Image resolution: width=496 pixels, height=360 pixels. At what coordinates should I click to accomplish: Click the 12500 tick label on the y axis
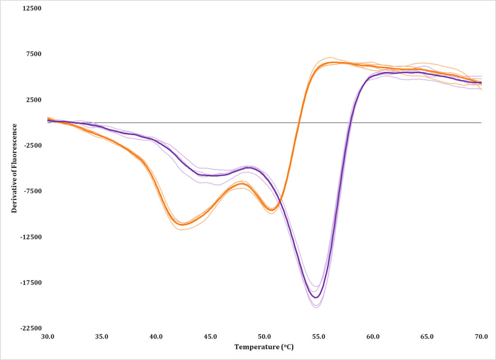click(32, 9)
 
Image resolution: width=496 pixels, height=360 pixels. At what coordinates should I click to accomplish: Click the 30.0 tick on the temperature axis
click(48, 336)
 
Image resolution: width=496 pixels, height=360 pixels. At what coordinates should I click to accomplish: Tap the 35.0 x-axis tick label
click(102, 336)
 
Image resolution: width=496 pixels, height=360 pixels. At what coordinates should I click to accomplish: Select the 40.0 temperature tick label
click(156, 336)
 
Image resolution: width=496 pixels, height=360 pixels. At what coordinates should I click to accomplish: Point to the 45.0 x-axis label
click(210, 336)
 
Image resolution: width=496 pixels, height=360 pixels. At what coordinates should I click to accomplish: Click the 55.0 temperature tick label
click(319, 336)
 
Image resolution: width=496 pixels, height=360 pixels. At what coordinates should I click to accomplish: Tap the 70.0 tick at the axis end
click(481, 336)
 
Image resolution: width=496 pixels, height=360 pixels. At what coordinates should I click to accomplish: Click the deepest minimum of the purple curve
click(316, 297)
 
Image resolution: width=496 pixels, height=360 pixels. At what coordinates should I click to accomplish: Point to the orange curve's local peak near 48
click(241, 184)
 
